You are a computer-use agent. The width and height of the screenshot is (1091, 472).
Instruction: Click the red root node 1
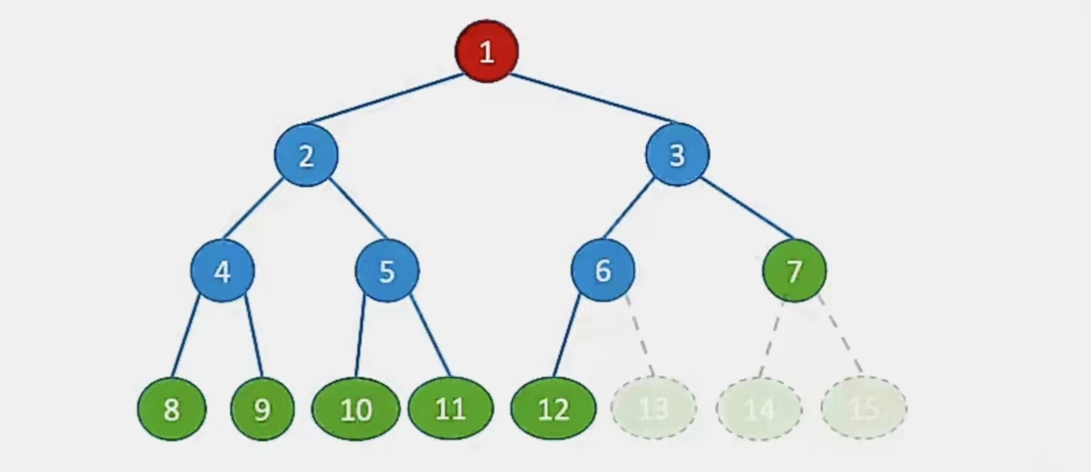click(487, 51)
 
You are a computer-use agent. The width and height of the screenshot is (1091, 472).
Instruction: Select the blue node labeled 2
click(306, 156)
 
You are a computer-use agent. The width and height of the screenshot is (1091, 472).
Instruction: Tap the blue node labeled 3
click(677, 156)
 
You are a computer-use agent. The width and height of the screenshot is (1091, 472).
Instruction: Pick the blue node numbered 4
click(222, 271)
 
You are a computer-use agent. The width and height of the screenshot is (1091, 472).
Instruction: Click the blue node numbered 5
click(387, 271)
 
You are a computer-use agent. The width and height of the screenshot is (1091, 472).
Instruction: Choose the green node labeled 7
click(794, 271)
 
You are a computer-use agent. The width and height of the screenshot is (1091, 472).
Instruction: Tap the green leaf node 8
click(171, 409)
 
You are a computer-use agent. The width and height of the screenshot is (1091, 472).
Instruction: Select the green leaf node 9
click(262, 409)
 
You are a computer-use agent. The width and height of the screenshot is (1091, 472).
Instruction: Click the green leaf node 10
click(356, 409)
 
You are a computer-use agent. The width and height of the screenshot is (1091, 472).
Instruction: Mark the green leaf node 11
click(450, 409)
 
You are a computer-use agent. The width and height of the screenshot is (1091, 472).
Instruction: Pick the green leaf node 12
click(553, 409)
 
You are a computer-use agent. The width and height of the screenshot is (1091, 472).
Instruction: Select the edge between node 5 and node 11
click(430, 335)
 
